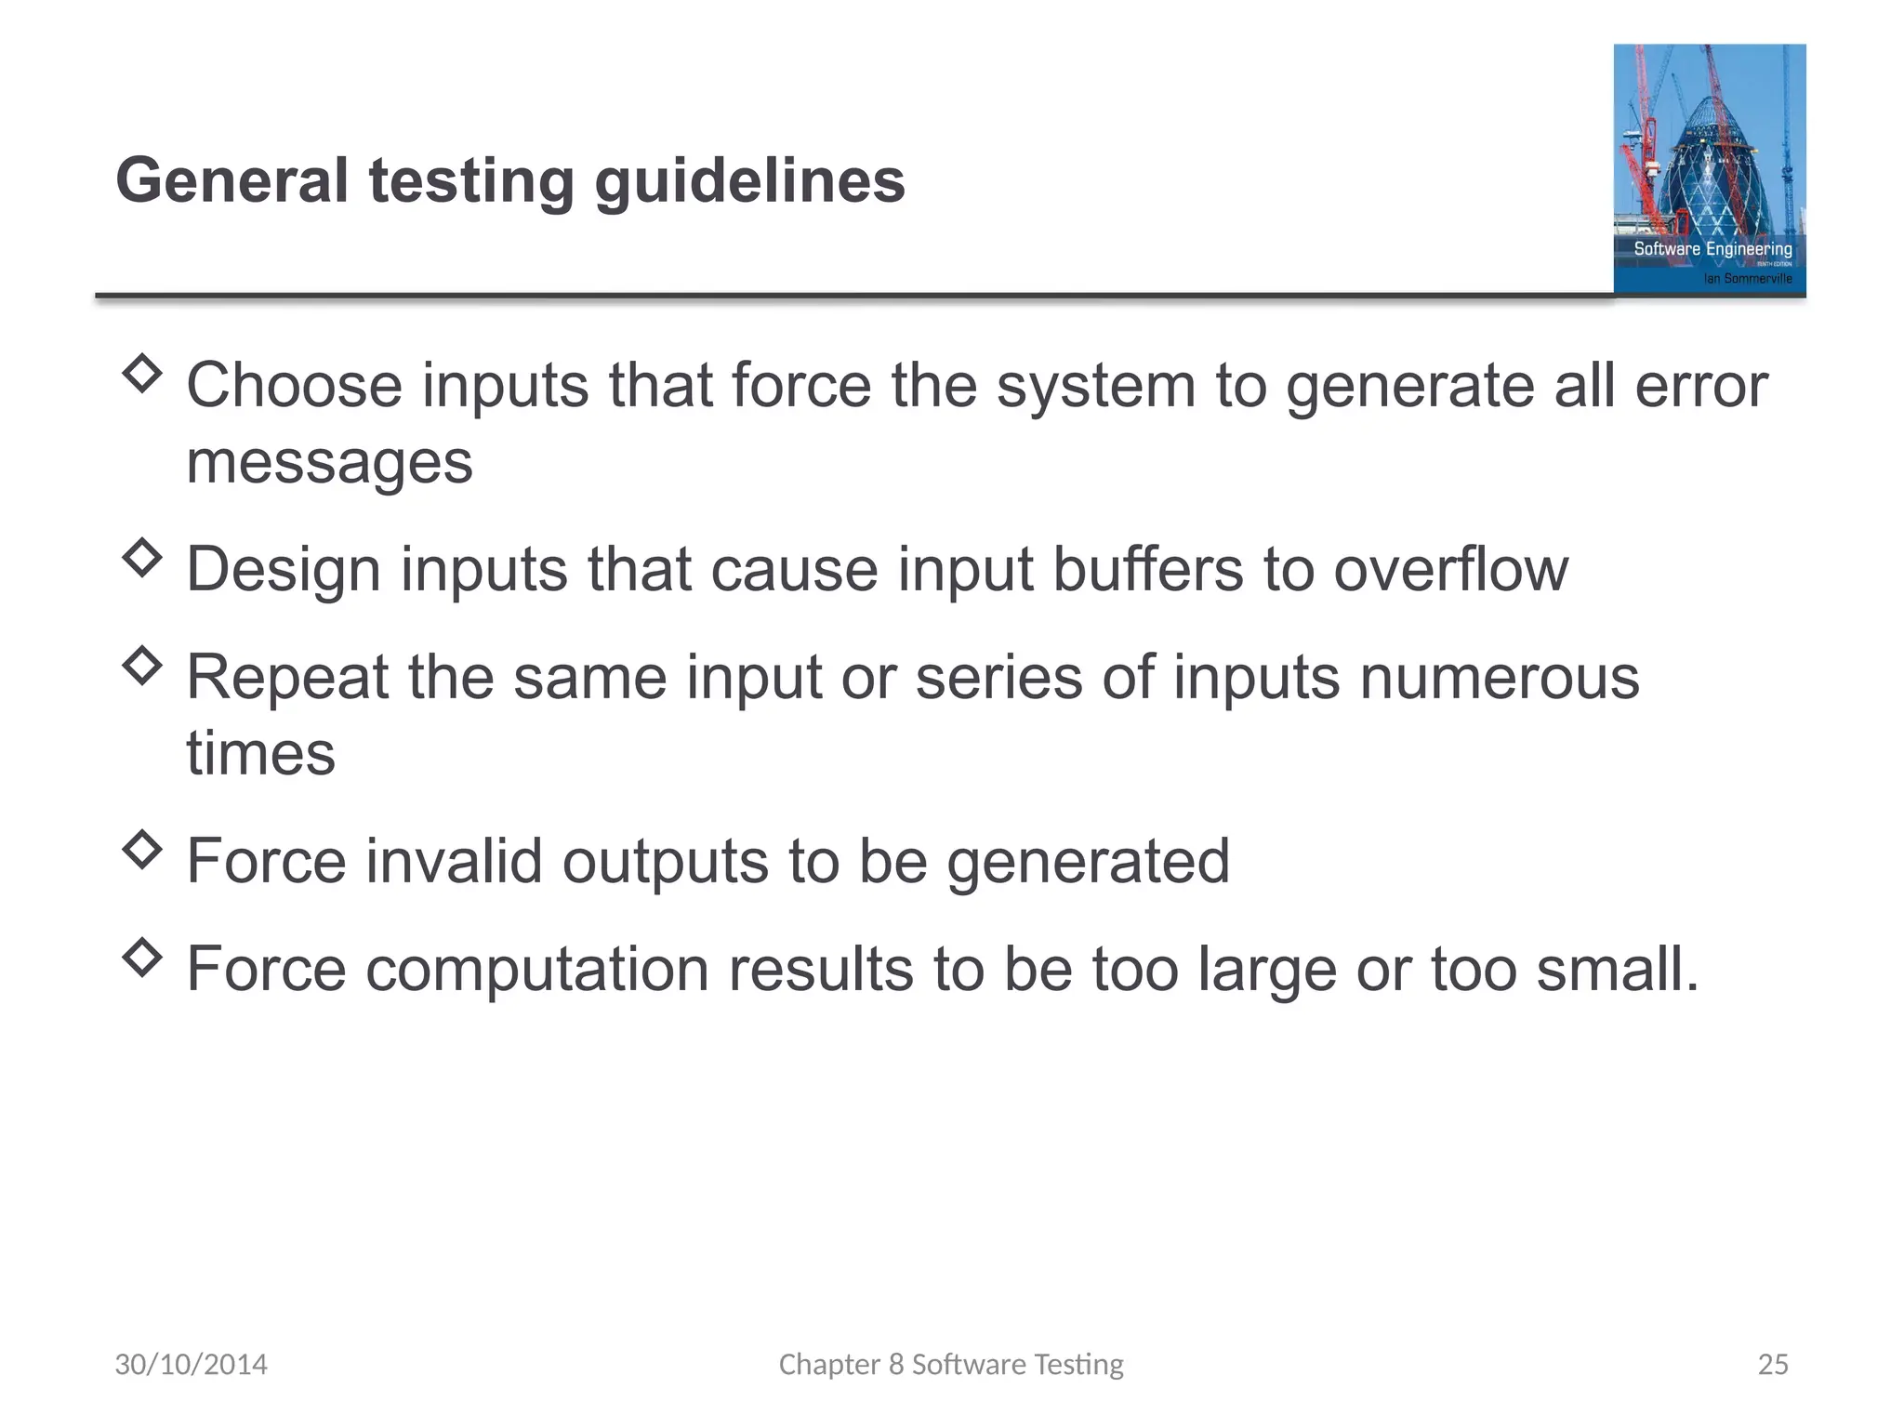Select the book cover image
coord(1709,169)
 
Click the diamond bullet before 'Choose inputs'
coord(142,374)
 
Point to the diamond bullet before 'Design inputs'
coord(142,558)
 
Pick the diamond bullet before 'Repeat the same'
coord(142,666)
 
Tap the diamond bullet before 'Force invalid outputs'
coord(142,849)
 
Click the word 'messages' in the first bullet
coord(329,463)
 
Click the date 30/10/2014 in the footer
coord(191,1364)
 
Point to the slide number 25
coord(1773,1364)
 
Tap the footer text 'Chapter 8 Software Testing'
coord(951,1364)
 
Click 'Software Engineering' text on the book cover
coord(1712,248)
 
